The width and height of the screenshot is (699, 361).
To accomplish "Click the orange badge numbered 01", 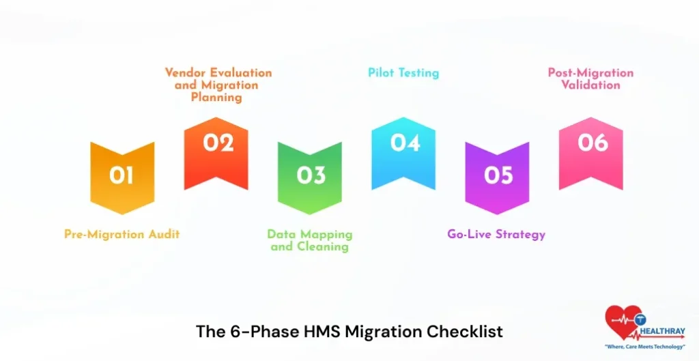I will coord(122,176).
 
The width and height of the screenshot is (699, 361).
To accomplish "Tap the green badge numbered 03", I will coord(310,176).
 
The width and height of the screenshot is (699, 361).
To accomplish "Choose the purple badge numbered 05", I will coord(498,176).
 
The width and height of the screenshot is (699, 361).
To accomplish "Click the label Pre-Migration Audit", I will coord(122,234).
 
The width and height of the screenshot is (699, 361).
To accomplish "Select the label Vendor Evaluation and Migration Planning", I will coord(218,85).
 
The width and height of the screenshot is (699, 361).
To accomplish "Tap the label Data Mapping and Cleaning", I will coord(310,240).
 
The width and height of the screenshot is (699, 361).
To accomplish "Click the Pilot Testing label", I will coord(403,72).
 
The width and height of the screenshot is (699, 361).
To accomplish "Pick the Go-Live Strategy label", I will coord(496,234).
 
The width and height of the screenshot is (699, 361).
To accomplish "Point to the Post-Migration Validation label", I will coord(590,78).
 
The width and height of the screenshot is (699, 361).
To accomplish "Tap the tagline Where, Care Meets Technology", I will coord(645,347).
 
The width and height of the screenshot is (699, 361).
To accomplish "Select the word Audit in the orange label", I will coord(164,234).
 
